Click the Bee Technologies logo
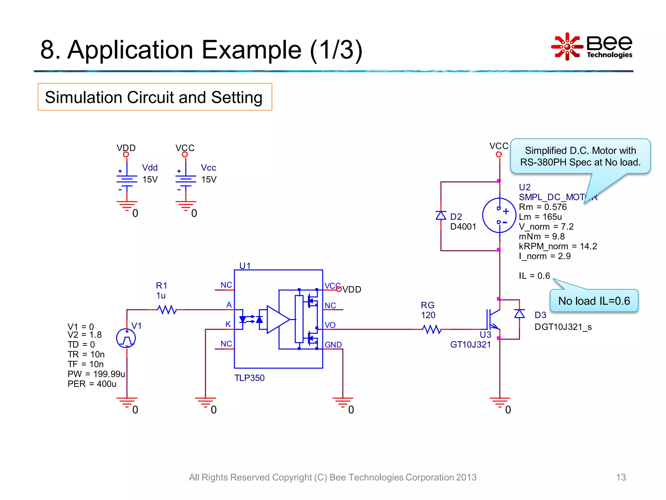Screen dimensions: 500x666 (x=592, y=47)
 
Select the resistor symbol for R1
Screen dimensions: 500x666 (x=167, y=310)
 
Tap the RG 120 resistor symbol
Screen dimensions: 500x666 (x=432, y=329)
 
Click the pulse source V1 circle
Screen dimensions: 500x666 (x=126, y=338)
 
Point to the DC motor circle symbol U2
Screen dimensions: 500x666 (x=499, y=215)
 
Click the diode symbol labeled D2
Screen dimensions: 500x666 (x=441, y=215)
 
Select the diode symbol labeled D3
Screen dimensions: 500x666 (x=519, y=314)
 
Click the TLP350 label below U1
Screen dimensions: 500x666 (x=249, y=378)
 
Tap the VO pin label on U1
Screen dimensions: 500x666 (x=330, y=325)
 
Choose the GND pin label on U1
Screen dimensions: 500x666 (x=333, y=345)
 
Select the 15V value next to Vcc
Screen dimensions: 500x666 (x=209, y=180)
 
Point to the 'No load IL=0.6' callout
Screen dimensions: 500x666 (x=594, y=301)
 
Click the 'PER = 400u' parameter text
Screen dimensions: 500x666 (x=92, y=384)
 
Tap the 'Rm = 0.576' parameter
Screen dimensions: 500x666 (x=542, y=207)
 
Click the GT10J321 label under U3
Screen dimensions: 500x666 (x=470, y=345)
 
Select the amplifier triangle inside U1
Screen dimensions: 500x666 (x=277, y=320)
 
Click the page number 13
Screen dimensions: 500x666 (x=621, y=477)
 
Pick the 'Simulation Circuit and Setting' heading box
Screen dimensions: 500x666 (x=155, y=97)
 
